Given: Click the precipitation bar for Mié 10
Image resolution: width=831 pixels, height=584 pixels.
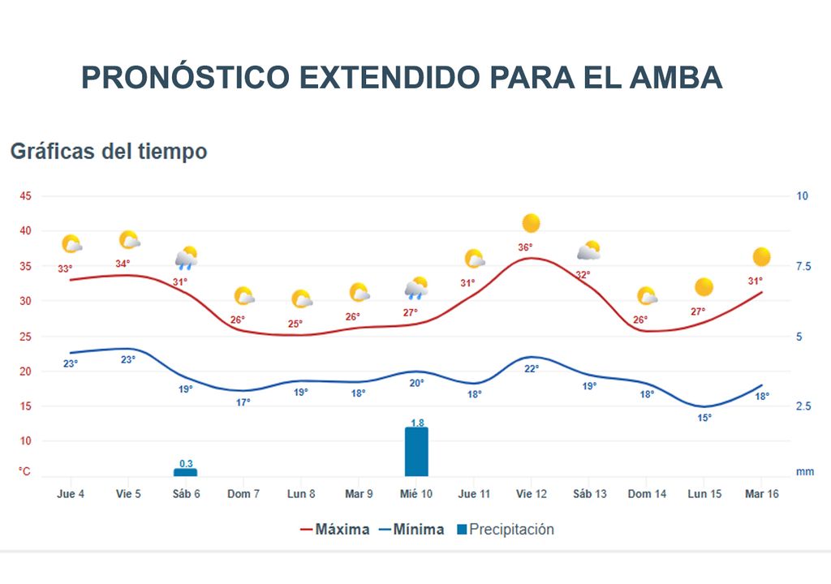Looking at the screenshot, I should point(416,452).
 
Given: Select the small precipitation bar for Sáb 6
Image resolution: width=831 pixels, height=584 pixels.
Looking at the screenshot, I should point(185,472).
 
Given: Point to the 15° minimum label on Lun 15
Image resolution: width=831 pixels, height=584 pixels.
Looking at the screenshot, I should point(704,418).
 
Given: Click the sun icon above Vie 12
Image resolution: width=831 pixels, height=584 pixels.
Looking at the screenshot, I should point(532,223).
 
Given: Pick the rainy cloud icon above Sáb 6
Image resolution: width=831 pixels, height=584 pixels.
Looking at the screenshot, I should point(187,258).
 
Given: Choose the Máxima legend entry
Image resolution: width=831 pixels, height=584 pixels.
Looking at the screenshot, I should point(334,530).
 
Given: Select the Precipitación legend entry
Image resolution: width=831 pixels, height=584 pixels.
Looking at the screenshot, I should point(505,530).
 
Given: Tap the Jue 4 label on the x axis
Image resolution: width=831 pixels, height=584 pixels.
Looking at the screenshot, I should point(71,494).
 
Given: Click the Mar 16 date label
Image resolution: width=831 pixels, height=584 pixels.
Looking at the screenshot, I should point(761,494).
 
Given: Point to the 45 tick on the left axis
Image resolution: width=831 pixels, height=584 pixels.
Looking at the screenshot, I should point(26,196).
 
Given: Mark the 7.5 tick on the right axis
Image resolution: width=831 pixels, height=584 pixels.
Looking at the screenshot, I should point(802,267).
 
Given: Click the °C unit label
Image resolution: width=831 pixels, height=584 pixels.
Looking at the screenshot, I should point(25,471).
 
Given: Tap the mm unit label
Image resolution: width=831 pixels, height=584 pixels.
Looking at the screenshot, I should point(804,471).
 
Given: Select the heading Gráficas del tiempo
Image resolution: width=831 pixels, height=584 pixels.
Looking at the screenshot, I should point(109,152).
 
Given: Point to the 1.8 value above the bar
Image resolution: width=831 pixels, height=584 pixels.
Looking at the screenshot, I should point(417,422).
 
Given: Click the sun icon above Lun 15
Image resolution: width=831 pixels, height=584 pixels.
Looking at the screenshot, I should point(704,287).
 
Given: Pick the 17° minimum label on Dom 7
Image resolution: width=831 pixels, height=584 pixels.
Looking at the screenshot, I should point(243,402).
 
